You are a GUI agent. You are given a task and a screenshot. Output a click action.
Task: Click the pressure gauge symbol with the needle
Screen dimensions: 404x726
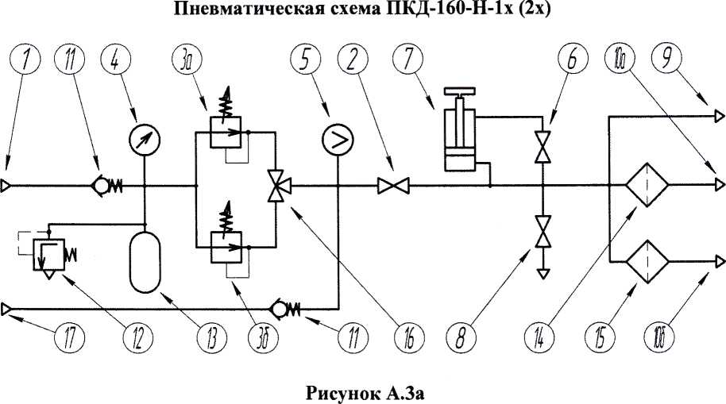(x=145, y=139)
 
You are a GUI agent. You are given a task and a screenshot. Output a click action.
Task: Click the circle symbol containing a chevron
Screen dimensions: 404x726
(x=338, y=140)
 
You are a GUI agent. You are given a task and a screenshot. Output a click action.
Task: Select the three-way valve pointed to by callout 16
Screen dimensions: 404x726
(x=276, y=186)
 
